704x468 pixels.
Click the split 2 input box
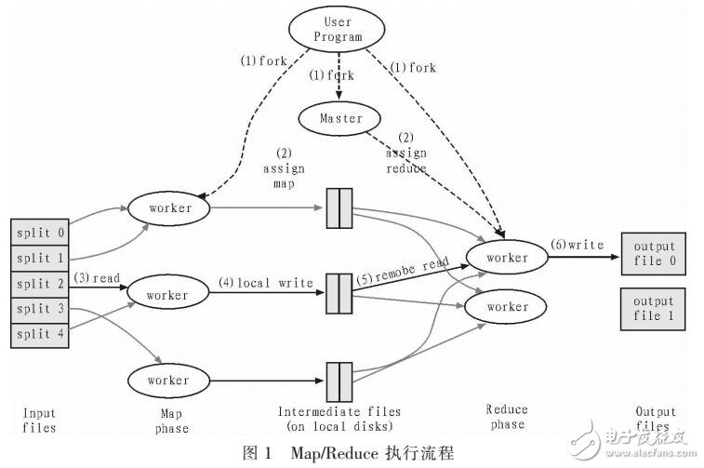39,283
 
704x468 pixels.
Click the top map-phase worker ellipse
170,207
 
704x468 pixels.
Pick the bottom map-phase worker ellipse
170,380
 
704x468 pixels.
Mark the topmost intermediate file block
339,208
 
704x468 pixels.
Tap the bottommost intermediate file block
339,381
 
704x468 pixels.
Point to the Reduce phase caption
507,417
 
